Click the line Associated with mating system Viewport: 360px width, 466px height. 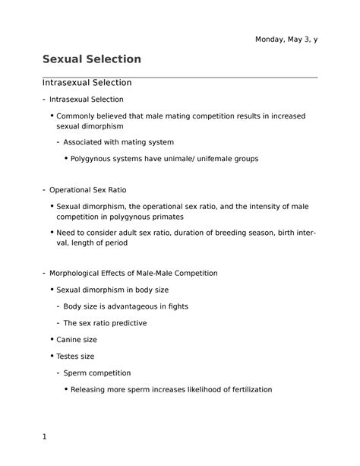tap(118, 142)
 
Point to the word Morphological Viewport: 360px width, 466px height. tap(78, 273)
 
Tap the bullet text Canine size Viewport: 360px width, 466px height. tap(77, 340)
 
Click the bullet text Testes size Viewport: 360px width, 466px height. tap(76, 357)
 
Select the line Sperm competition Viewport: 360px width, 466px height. tap(96, 373)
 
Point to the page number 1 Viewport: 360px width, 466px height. tap(45, 437)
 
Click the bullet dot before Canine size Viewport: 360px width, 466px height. tap(51, 340)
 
